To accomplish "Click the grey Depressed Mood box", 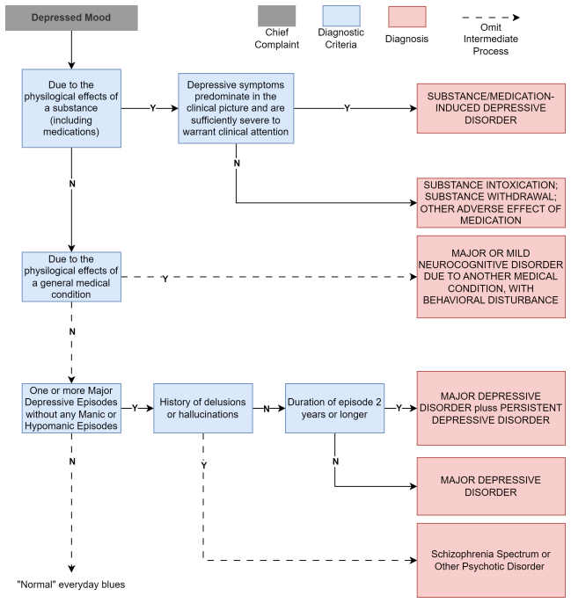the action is [x=71, y=18].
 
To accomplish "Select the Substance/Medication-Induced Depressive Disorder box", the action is [x=491, y=108].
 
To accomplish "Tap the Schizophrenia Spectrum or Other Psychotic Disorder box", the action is [x=491, y=560].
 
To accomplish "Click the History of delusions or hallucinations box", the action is [x=203, y=408].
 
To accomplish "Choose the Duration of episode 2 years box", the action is [x=334, y=408].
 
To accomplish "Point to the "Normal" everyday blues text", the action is [x=71, y=585].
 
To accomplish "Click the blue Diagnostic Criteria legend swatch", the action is [x=341, y=16].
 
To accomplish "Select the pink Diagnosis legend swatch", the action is [x=407, y=17].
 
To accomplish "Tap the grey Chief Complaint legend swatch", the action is [x=277, y=16].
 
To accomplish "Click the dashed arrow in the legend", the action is [x=491, y=18].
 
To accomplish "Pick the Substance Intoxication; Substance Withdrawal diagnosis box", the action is [x=491, y=203].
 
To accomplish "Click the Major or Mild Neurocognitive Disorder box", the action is [x=491, y=277].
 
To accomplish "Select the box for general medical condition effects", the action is [x=71, y=277].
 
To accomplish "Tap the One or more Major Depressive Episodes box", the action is [x=71, y=408].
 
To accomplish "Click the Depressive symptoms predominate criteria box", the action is [x=236, y=108].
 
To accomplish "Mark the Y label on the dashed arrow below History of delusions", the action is [x=204, y=466].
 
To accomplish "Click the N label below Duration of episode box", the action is [x=335, y=461].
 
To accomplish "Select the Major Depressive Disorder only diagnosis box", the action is [x=491, y=486].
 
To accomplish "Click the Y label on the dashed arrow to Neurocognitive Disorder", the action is [x=165, y=279].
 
